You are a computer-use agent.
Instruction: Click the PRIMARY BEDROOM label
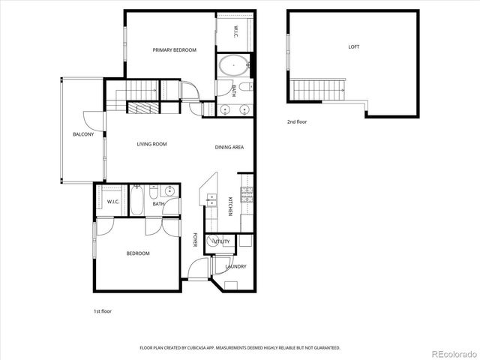174,50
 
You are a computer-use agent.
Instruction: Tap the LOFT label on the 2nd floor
353,47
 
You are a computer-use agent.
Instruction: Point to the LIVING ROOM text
151,144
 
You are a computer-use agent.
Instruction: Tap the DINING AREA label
229,147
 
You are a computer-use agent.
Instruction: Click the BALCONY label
82,134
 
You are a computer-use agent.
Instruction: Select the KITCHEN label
230,206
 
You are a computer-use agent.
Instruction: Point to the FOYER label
195,240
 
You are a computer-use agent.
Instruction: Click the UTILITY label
222,241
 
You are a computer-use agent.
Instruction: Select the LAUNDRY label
236,266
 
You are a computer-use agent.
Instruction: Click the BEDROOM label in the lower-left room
137,253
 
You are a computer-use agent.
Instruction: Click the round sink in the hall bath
172,191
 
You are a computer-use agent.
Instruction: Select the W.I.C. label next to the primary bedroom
234,31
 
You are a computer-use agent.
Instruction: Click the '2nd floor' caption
296,121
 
